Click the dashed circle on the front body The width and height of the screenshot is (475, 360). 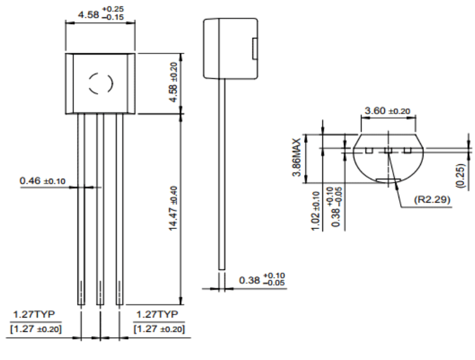coord(100,83)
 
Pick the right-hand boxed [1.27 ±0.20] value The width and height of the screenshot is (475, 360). coord(159,328)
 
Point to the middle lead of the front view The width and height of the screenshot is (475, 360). coord(100,209)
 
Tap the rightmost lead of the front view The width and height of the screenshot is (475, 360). coord(119,209)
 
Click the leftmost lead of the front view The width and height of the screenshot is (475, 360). coord(81,209)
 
